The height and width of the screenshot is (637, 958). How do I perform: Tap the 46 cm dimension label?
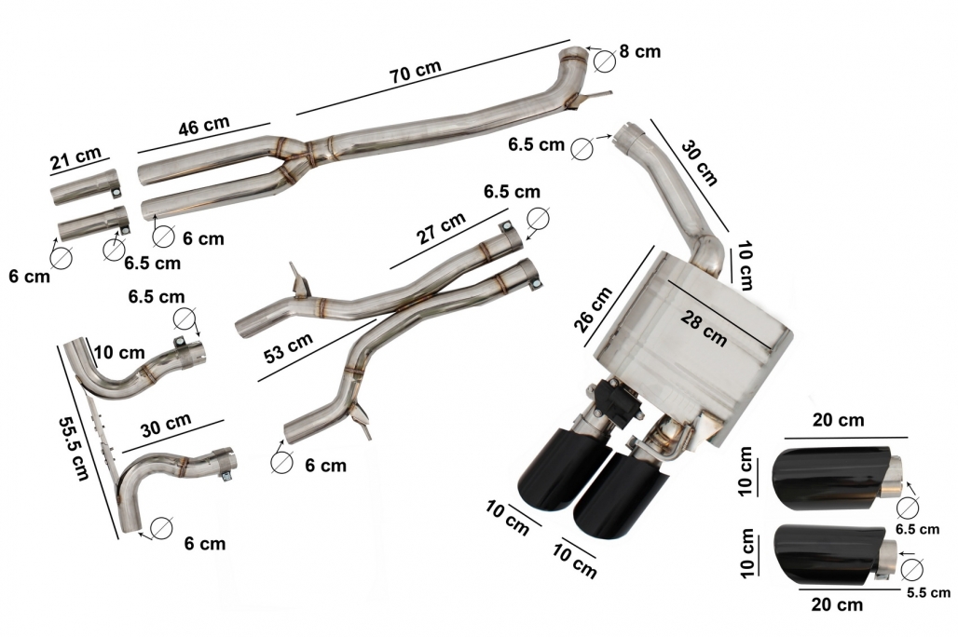204,127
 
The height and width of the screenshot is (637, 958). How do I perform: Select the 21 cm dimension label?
77,161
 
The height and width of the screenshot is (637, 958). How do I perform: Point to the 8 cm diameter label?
639,51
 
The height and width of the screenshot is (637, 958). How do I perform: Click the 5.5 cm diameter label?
928,592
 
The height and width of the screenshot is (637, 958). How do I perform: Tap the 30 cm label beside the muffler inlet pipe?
699,163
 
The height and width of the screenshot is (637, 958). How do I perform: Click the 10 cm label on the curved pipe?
119,353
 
